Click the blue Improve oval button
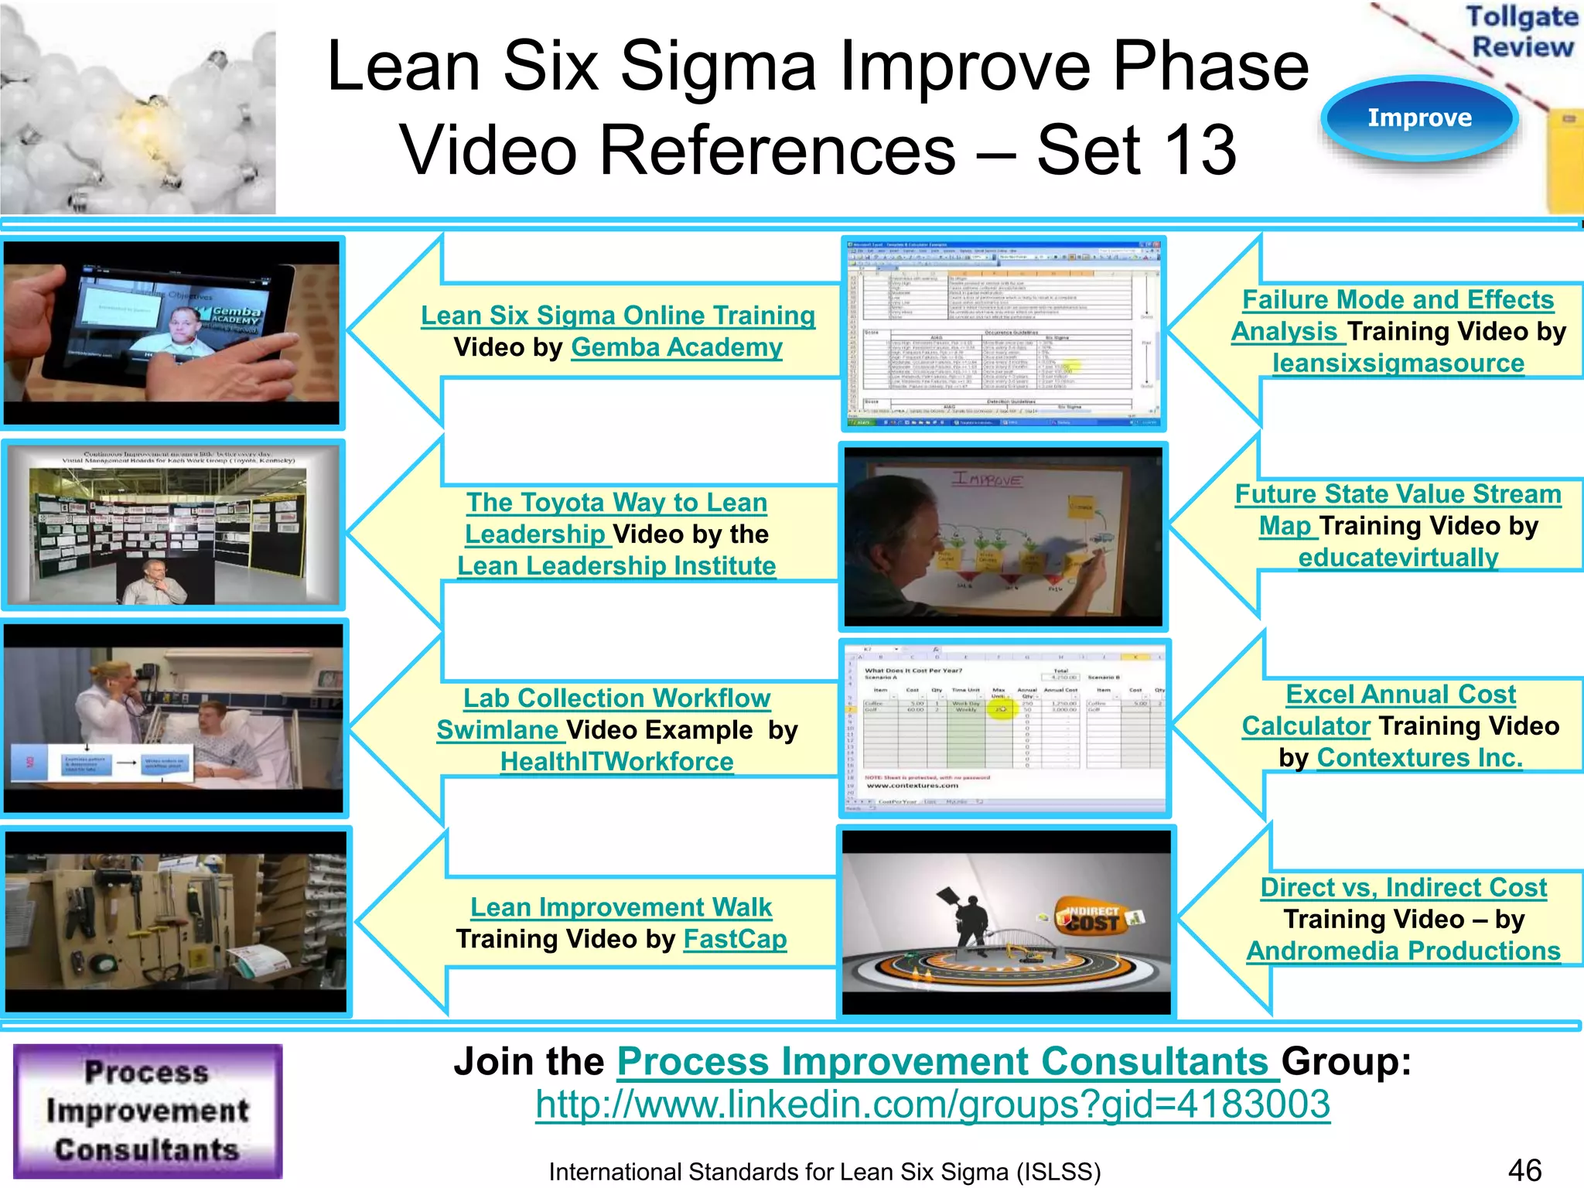[x=1419, y=118]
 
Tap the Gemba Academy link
[x=677, y=347]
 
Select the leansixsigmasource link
[x=1398, y=363]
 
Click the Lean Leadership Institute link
[x=616, y=565]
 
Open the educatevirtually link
[x=1398, y=557]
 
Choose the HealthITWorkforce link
[x=616, y=761]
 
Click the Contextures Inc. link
[x=1420, y=757]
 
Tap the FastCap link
[x=735, y=939]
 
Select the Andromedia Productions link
[x=1403, y=951]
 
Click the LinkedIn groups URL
[x=933, y=1104]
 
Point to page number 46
[x=1524, y=1169]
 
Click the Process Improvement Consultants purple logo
[x=148, y=1111]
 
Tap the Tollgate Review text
[x=1522, y=31]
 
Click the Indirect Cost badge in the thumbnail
[x=1093, y=918]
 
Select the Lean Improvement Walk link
[x=621, y=906]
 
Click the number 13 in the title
[x=1199, y=149]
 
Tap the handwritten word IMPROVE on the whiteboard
[x=985, y=480]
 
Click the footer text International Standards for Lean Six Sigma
[x=824, y=1172]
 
